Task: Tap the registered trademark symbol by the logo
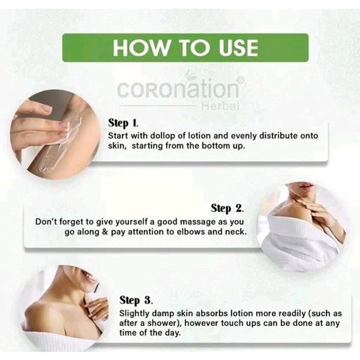240,80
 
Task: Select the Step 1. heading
127,124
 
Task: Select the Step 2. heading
227,209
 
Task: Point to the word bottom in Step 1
221,147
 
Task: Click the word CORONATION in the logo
178,89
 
